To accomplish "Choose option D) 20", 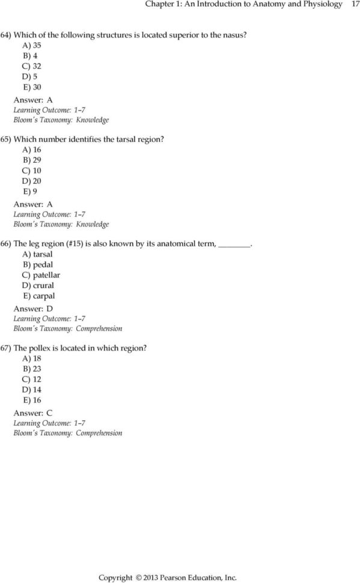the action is [x=33, y=182].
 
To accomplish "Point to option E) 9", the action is [x=31, y=192].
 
